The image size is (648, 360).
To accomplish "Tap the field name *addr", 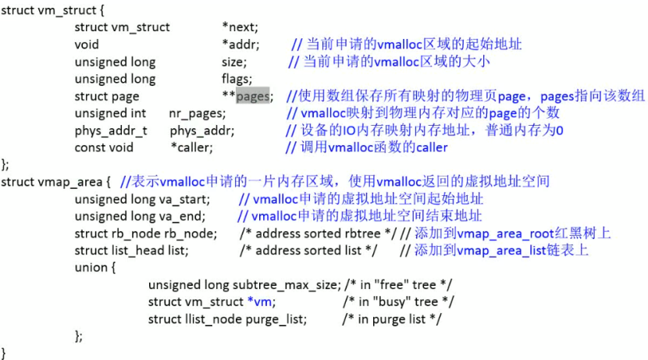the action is point(240,44).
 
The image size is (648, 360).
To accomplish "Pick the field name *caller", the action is point(190,147).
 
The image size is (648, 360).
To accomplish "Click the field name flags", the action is point(236,78).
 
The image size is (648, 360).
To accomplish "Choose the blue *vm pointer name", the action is point(260,301).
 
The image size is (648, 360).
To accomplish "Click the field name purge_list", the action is point(279,319).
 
